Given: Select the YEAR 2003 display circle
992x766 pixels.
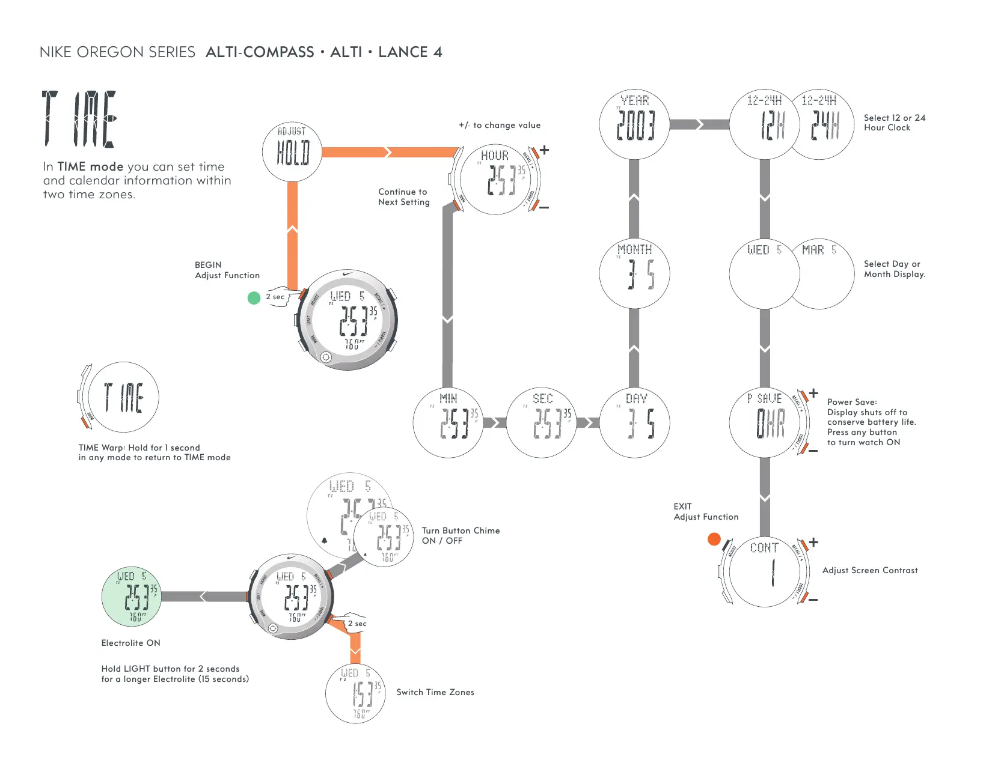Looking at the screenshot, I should point(634,124).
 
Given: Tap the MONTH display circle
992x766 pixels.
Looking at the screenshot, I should point(634,273).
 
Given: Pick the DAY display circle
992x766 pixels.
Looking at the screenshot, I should point(634,422).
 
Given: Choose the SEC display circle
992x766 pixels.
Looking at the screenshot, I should point(541,422).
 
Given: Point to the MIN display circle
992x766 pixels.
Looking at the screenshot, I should point(448,422).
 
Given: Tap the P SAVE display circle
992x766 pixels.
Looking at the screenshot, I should point(764,422).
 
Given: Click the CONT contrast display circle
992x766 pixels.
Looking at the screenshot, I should point(764,571).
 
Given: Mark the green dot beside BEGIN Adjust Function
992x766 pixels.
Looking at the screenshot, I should point(254,297).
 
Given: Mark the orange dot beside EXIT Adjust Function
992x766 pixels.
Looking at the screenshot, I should point(714,539).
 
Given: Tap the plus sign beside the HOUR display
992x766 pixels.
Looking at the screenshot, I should point(544,150).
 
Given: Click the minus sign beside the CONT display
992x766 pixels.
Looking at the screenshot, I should point(813,600).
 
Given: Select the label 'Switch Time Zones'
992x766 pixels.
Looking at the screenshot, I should point(435,692).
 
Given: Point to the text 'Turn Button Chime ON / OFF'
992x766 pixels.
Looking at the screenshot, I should point(461,535).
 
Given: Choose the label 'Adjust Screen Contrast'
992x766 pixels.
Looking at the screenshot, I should point(870,570).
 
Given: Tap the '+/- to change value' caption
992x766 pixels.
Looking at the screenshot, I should point(500,125).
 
